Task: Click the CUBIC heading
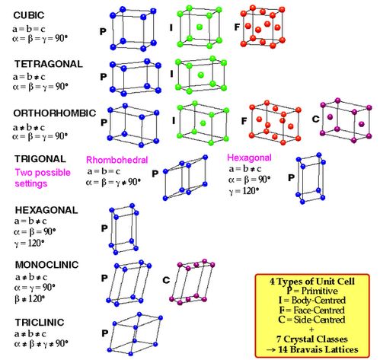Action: [29, 15]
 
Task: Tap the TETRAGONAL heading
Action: [49, 64]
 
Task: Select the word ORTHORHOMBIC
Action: [55, 113]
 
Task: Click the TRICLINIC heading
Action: [40, 323]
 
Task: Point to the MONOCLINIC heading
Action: [46, 265]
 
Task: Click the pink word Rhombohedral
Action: [117, 160]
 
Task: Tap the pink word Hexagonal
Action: [249, 158]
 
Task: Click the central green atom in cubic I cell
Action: [200, 27]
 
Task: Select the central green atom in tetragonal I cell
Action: [201, 75]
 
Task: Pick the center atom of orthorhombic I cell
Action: [203, 123]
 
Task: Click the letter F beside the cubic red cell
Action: [237, 27]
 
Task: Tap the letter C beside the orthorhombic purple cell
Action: [315, 119]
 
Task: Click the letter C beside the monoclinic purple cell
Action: [166, 280]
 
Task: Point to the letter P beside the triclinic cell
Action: [105, 333]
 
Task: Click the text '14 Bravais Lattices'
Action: [318, 349]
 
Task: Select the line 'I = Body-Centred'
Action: [312, 301]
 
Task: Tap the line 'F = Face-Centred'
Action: [312, 310]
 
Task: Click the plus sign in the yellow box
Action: [312, 330]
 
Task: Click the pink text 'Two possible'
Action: [43, 173]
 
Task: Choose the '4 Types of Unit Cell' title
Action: [312, 282]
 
